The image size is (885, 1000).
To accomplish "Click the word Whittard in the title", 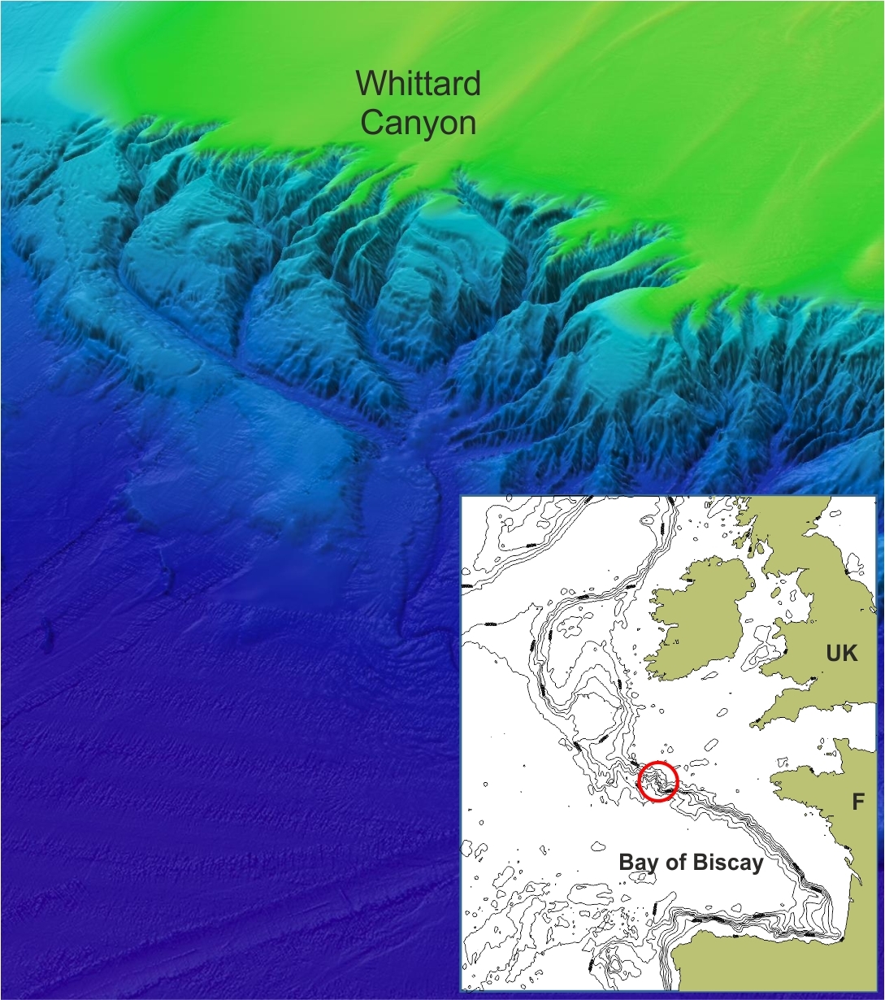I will pyautogui.click(x=418, y=84).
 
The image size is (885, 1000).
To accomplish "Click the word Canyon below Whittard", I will pyautogui.click(x=418, y=123).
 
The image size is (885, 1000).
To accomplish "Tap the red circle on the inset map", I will pyautogui.click(x=657, y=781).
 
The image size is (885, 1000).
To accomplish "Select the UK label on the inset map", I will pyautogui.click(x=841, y=654).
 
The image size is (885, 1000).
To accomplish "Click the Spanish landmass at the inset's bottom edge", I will pyautogui.click(x=731, y=959).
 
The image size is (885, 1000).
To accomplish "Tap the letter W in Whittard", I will pyautogui.click(x=371, y=84).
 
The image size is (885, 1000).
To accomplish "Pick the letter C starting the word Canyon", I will pyautogui.click(x=372, y=123).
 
